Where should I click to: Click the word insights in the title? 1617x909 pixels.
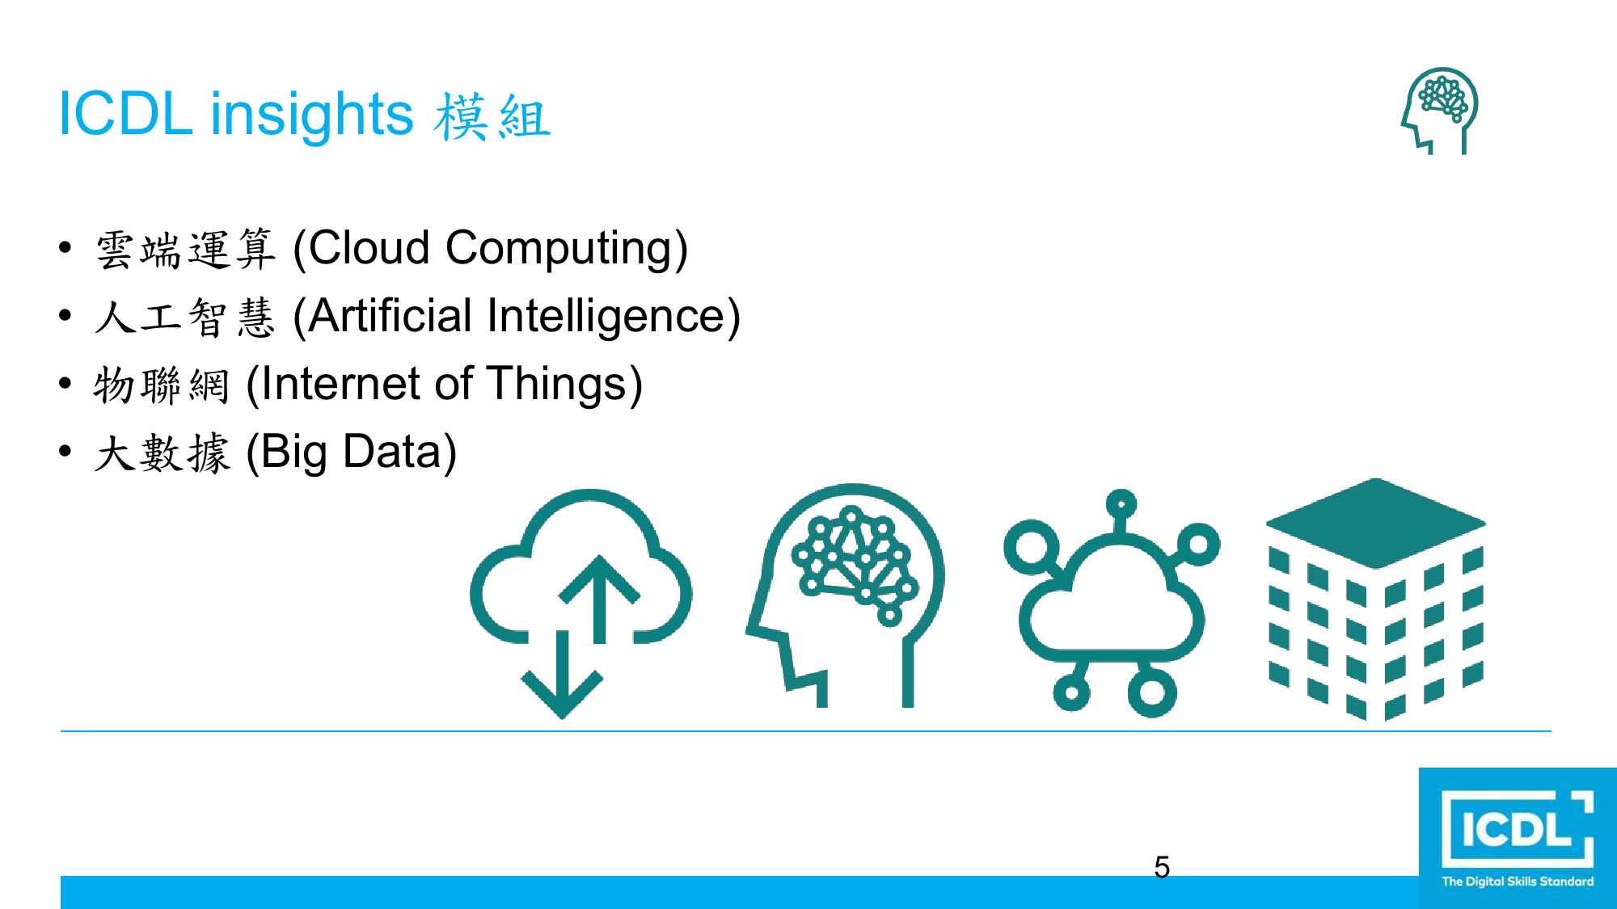312,116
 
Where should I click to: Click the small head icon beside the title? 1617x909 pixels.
1440,110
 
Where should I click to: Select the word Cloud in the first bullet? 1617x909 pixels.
369,247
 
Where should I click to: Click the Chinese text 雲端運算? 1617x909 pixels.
185,249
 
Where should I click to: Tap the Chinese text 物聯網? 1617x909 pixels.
162,385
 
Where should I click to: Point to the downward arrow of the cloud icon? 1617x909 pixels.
562,675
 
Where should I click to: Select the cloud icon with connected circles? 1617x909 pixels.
1112,603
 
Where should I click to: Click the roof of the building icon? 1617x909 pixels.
1375,522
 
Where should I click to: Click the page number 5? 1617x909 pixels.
1162,867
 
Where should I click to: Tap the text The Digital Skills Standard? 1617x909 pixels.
1518,882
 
